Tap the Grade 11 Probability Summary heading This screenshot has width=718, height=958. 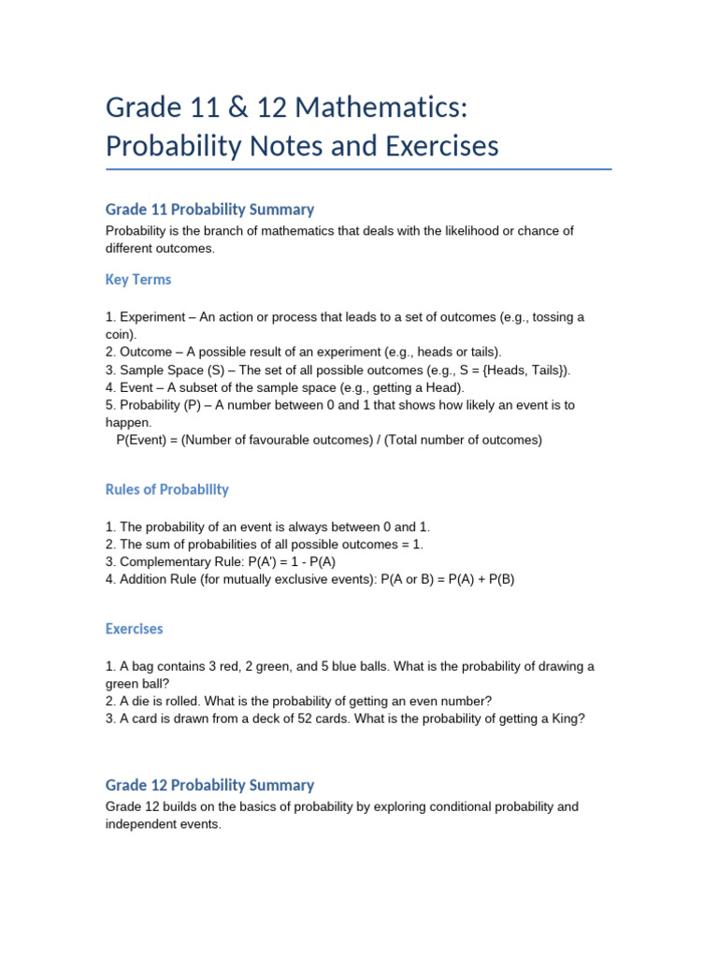pos(209,210)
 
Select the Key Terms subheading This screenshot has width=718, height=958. pos(138,280)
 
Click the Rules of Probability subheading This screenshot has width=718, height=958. pos(166,489)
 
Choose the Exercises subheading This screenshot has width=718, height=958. pos(134,629)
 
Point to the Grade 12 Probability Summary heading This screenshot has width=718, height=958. pos(209,785)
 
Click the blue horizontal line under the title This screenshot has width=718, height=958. pos(359,169)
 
